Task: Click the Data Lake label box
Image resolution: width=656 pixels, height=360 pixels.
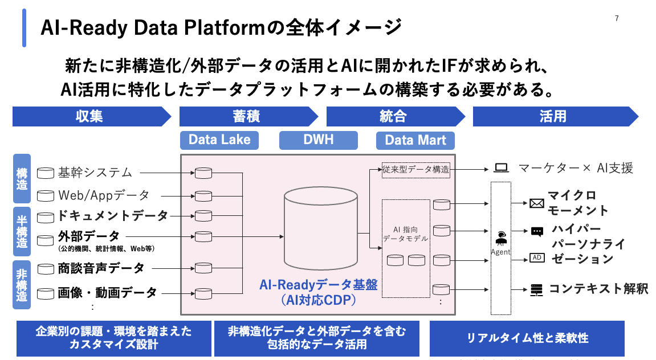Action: (x=219, y=140)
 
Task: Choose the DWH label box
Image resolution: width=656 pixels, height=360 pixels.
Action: (x=319, y=140)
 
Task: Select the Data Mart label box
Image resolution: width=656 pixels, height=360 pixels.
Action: (x=415, y=140)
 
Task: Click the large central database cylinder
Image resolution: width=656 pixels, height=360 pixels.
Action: (x=321, y=228)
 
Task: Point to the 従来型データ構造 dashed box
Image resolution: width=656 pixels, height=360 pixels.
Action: (x=416, y=170)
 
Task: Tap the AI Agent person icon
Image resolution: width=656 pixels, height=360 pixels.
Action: (x=501, y=238)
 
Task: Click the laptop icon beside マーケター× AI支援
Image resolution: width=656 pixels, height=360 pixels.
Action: (x=501, y=168)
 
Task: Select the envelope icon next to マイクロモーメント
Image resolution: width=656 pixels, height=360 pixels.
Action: (x=537, y=203)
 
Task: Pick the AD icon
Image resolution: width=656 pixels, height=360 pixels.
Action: (x=537, y=257)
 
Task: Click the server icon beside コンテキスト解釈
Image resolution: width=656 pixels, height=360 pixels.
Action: (x=536, y=290)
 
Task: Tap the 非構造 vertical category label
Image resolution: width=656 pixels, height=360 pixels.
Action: (x=22, y=285)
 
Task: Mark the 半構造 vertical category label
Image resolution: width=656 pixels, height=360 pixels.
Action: (x=22, y=231)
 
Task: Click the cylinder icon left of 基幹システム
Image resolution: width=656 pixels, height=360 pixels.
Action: (x=46, y=173)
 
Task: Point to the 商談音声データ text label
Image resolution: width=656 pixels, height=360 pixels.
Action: (x=101, y=268)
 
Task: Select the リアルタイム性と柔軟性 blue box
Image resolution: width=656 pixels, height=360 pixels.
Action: (x=527, y=338)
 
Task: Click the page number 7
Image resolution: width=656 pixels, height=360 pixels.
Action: (x=617, y=18)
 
